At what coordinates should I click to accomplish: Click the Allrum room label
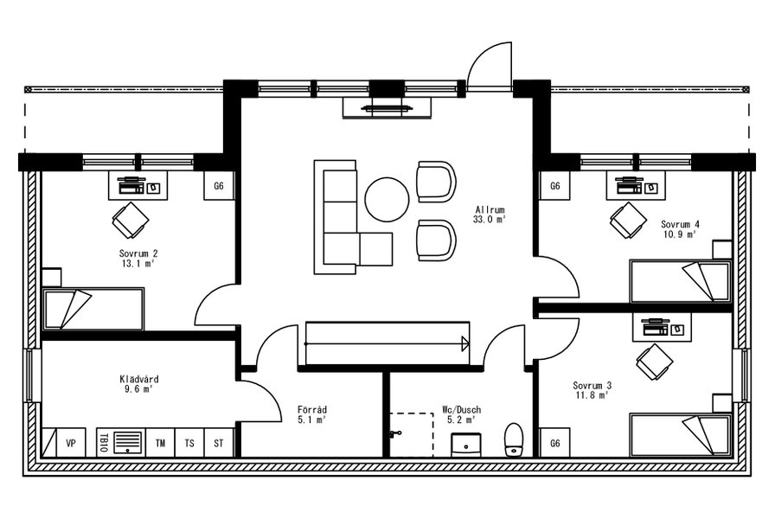click(490, 209)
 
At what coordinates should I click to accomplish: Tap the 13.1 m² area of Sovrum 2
click(138, 264)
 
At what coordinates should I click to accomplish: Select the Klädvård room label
click(139, 379)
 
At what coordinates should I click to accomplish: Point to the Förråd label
click(312, 410)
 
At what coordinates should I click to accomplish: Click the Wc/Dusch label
click(462, 410)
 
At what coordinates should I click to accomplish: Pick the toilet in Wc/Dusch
click(514, 439)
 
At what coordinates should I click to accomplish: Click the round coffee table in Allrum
click(387, 199)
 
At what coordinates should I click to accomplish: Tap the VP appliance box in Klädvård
click(71, 443)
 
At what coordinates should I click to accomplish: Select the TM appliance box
click(160, 443)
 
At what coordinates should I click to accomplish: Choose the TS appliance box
click(189, 443)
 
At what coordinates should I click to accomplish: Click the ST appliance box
click(219, 443)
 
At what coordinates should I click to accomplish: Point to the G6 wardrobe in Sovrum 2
click(219, 186)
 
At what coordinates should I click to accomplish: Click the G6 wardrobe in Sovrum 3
click(554, 443)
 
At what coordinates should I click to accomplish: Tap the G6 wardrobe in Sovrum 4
click(554, 186)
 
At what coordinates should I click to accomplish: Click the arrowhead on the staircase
click(465, 343)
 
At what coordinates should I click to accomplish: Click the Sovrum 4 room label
click(680, 224)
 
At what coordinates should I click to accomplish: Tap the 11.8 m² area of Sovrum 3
click(592, 395)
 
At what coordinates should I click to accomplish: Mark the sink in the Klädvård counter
click(128, 442)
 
